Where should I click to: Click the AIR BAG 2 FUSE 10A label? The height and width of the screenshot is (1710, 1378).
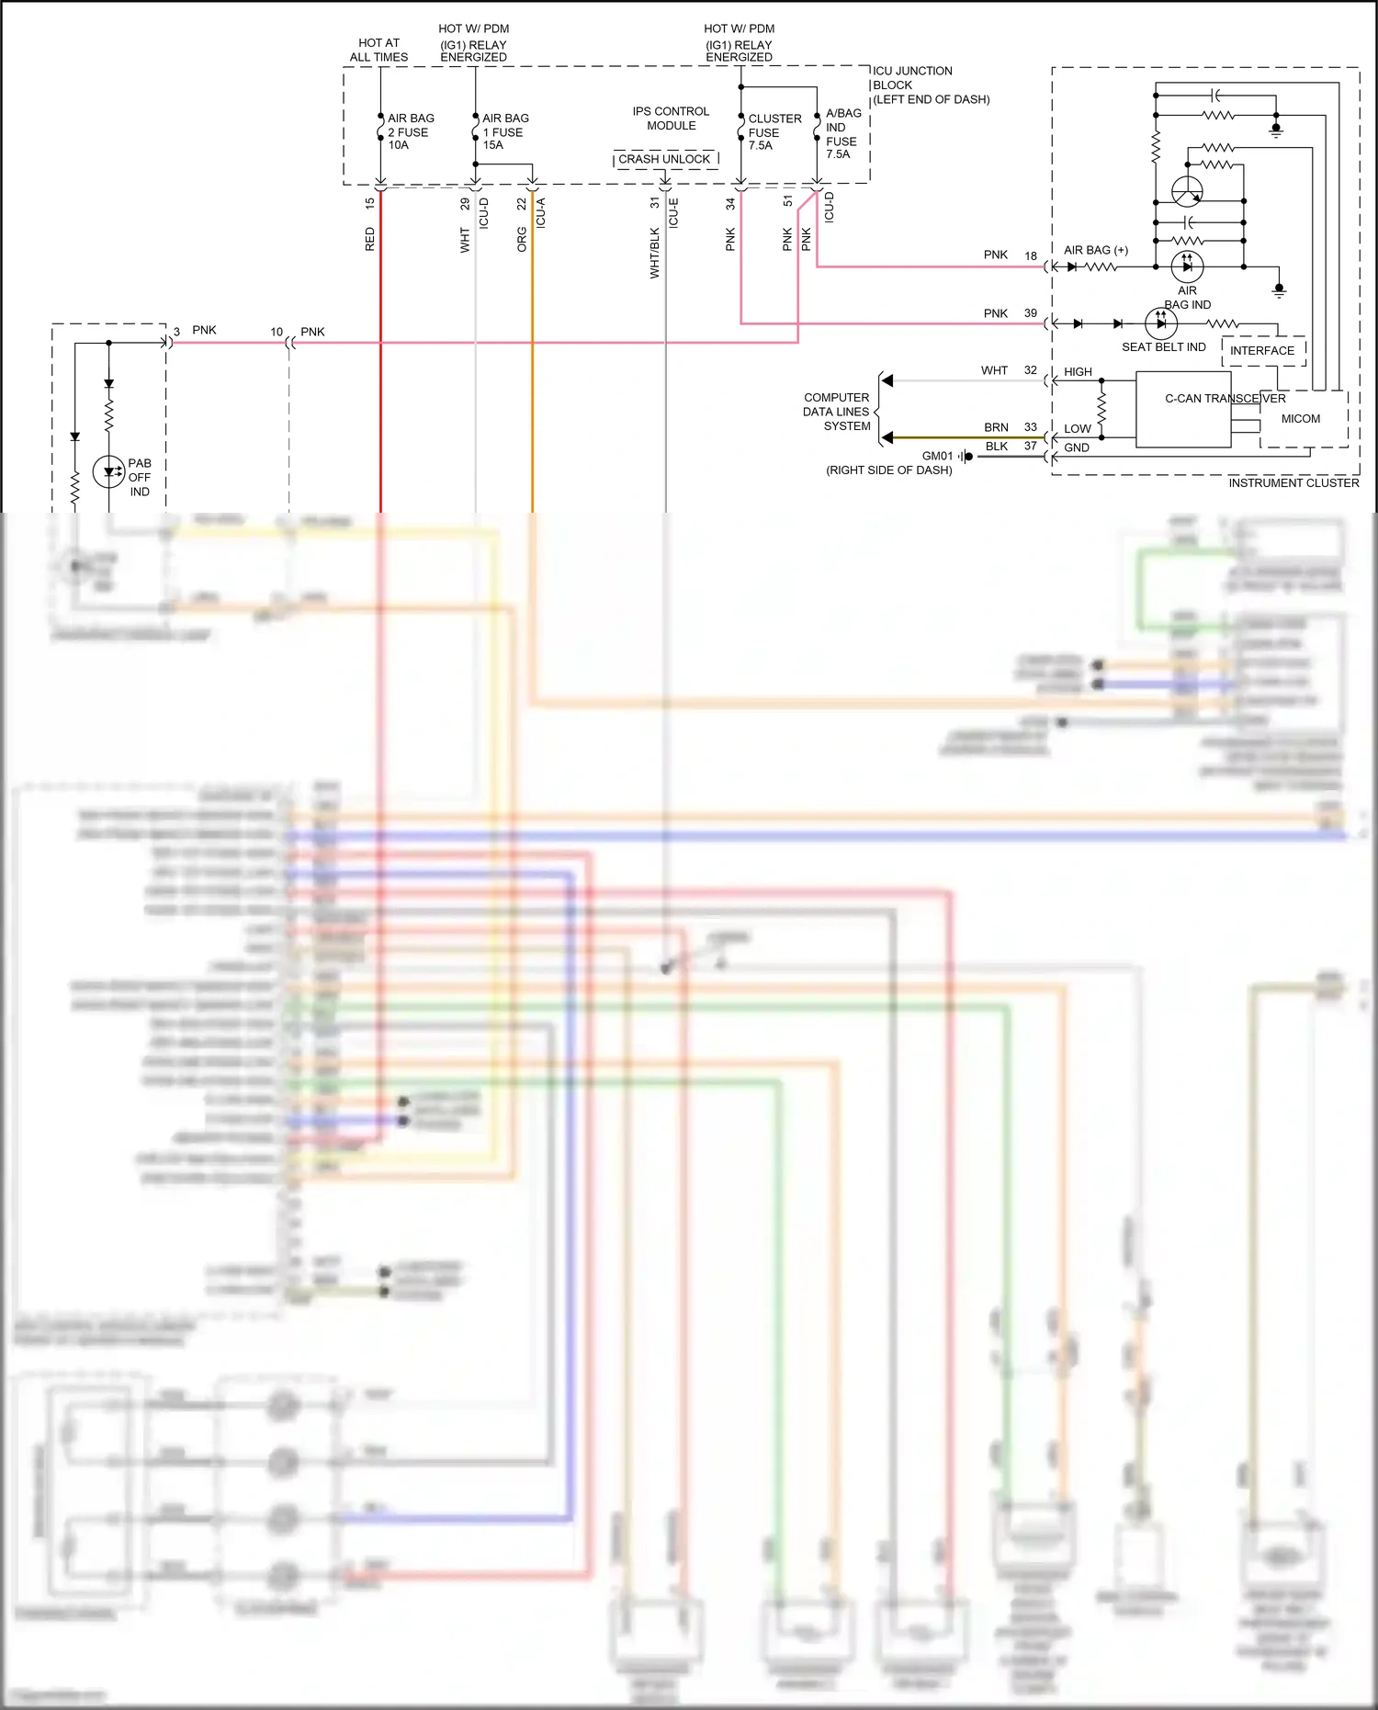(x=410, y=131)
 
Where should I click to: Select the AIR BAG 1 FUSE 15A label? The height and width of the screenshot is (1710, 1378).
(x=504, y=131)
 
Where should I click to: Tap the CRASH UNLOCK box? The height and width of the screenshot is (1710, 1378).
(x=664, y=159)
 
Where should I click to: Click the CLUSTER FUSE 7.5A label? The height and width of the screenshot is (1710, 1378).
(x=773, y=131)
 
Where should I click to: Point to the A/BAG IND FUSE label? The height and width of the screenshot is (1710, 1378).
(x=842, y=133)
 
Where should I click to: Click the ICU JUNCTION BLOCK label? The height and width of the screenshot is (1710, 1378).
(x=929, y=85)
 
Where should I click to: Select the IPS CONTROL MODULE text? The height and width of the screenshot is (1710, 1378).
(x=671, y=119)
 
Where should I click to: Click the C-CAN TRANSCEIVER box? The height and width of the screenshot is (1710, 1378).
(x=1183, y=409)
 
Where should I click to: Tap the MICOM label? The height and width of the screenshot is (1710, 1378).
(x=1300, y=419)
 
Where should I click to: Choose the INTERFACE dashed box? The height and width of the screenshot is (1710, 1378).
(x=1262, y=351)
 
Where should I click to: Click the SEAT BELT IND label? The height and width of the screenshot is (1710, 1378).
(x=1163, y=347)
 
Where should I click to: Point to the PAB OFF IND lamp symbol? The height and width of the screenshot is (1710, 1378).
(x=108, y=472)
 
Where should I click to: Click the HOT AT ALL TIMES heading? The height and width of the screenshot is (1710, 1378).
(x=378, y=50)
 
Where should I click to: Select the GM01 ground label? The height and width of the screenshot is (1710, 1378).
(x=937, y=456)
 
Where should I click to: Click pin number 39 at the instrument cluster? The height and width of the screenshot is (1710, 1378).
(x=1031, y=313)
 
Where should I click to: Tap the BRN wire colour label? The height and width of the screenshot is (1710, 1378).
(x=996, y=427)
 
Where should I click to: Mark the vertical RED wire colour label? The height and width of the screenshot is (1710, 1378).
(x=370, y=240)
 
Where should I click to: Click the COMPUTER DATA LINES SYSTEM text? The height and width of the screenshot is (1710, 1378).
(x=836, y=412)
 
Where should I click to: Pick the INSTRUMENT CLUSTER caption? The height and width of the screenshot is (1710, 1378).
(x=1293, y=483)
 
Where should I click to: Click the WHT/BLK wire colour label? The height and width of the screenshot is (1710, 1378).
(x=655, y=253)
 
